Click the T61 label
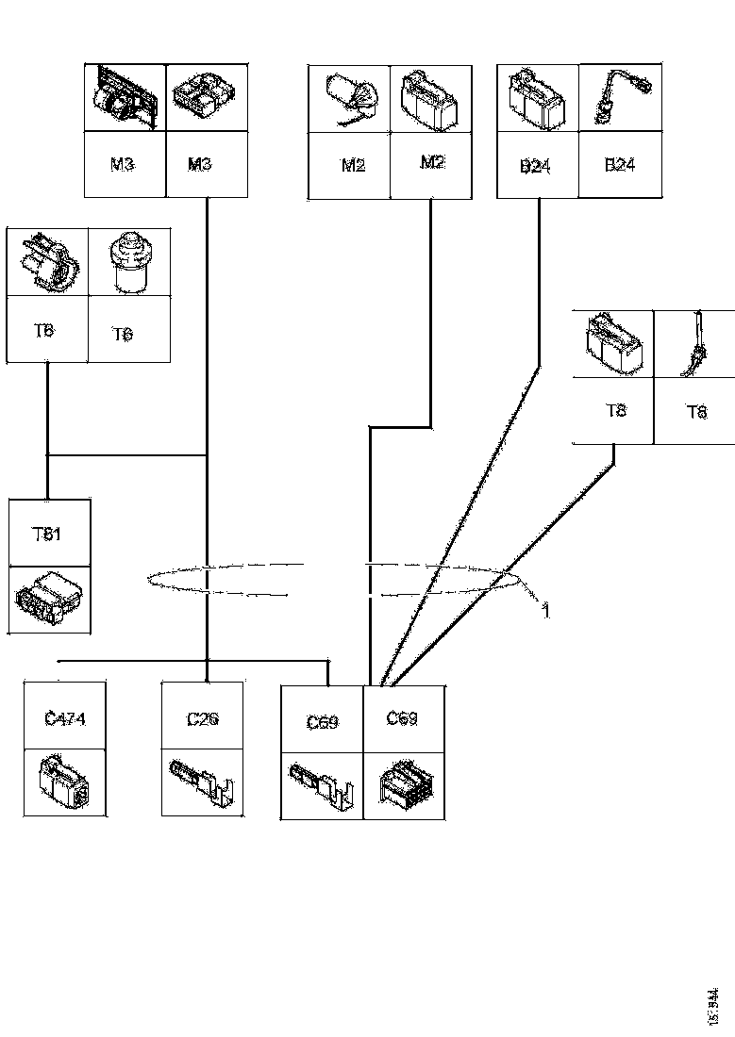pyautogui.click(x=47, y=535)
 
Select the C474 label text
pyautogui.click(x=65, y=719)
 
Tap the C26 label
pyautogui.click(x=203, y=719)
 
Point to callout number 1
pyautogui.click(x=545, y=611)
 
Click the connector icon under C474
pyautogui.click(x=64, y=782)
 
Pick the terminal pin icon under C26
pyautogui.click(x=202, y=782)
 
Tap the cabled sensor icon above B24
pyautogui.click(x=618, y=97)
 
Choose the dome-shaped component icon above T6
pyautogui.click(x=130, y=262)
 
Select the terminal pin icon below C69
pyautogui.click(x=323, y=784)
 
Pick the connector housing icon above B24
pyautogui.click(x=537, y=97)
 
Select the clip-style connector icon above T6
pyautogui.click(x=47, y=262)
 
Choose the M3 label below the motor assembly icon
pyautogui.click(x=123, y=164)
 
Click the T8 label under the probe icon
pyautogui.click(x=696, y=411)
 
